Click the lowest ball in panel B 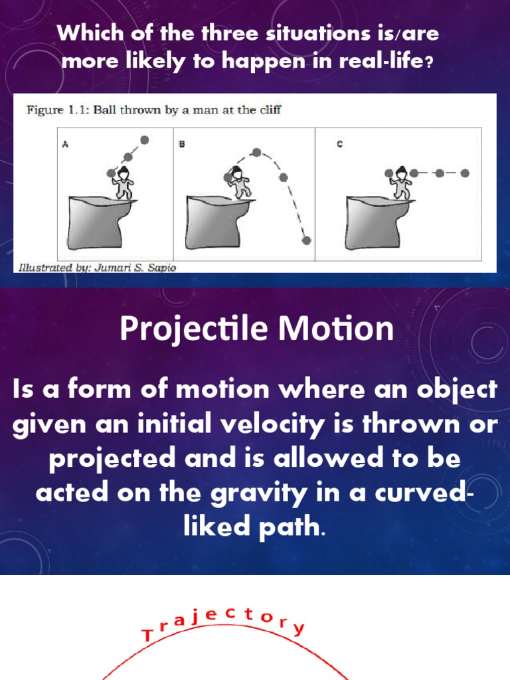305,240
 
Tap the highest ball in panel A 145,141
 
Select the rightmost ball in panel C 465,173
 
